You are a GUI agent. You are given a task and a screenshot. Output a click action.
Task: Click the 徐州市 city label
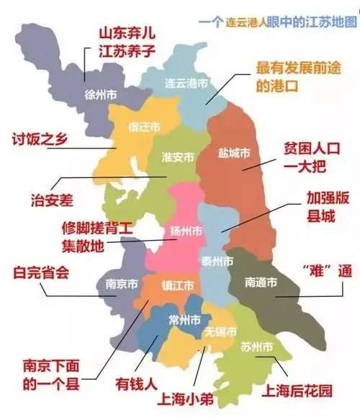(x=101, y=94)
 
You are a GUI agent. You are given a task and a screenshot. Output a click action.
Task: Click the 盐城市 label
(x=234, y=154)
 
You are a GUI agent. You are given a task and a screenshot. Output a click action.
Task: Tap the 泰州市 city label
(x=217, y=260)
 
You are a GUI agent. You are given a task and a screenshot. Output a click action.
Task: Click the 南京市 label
(x=116, y=284)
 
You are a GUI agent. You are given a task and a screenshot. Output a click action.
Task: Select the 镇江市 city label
(x=176, y=285)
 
